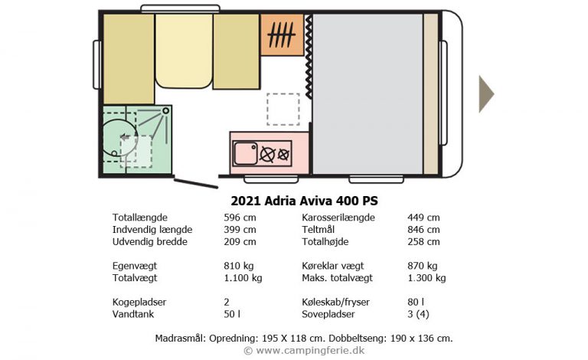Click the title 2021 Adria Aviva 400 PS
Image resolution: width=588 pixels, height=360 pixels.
tap(304, 201)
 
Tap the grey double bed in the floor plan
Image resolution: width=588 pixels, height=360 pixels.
tap(367, 93)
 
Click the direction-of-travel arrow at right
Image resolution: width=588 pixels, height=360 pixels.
tap(486, 93)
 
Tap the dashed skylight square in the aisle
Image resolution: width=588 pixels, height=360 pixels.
tap(283, 109)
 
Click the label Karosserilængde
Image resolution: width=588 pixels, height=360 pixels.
tap(338, 218)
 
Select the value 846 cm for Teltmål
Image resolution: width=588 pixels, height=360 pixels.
tap(423, 230)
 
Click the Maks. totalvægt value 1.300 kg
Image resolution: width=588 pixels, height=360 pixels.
tap(426, 278)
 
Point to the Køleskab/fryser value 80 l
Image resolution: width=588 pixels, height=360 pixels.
tap(416, 303)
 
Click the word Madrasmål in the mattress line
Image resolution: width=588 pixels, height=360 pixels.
tap(181, 337)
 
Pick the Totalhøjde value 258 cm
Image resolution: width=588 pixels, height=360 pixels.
tap(423, 242)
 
